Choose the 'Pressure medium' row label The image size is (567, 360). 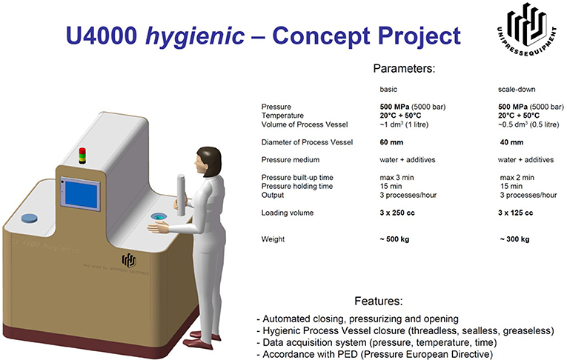tap(291, 160)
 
